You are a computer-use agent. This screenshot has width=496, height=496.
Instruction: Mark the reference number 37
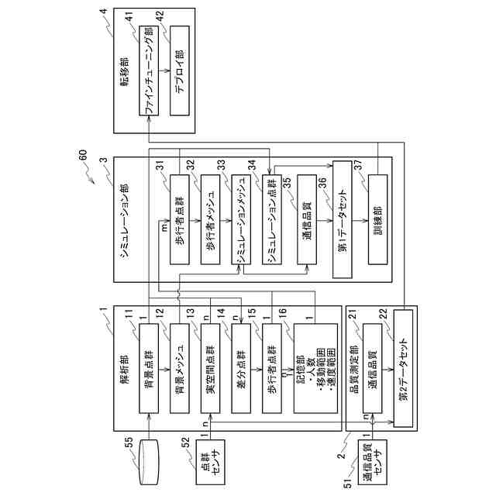coord(358,166)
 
